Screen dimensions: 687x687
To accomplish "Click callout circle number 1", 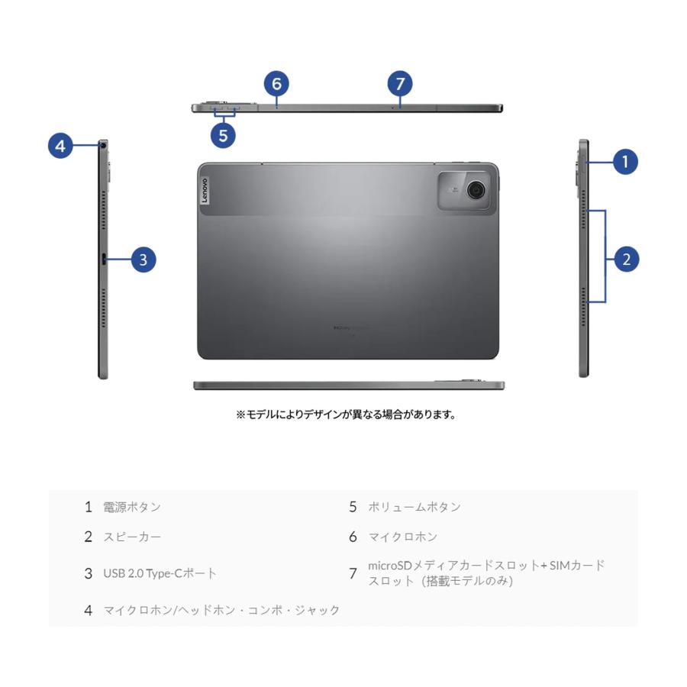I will (x=625, y=161).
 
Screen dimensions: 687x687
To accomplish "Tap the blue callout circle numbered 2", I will (x=627, y=260).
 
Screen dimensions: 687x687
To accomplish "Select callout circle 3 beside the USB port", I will (x=143, y=260).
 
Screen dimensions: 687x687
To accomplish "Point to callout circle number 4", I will (x=61, y=145).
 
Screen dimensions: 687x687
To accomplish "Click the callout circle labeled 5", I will (x=223, y=136).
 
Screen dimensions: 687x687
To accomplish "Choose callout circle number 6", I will (x=277, y=84).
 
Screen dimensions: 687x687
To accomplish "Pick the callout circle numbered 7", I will (x=399, y=84).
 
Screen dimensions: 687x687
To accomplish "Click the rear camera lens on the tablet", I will (x=477, y=189).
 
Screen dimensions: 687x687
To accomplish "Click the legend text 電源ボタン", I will (x=132, y=507).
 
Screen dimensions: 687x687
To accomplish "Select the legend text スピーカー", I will (x=132, y=537).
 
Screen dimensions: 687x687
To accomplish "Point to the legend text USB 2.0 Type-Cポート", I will (x=160, y=573).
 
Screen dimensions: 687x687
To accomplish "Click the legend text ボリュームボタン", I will (x=414, y=507).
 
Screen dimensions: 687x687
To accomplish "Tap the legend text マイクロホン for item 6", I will (x=403, y=537).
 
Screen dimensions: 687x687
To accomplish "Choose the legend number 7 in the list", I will (x=353, y=573).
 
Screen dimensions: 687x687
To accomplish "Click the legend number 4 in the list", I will (x=89, y=610).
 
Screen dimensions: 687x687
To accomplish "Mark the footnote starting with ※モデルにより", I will (x=346, y=414).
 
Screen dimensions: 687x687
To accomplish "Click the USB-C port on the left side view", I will (x=103, y=260).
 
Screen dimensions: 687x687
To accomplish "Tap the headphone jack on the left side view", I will (x=102, y=144).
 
